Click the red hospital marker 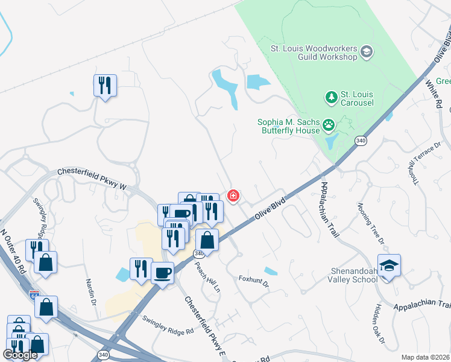(233, 195)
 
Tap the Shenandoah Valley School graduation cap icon (389, 265)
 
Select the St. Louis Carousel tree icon (330, 97)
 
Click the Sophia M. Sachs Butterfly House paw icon (329, 125)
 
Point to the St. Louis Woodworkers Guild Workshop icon (367, 52)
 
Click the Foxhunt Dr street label (253, 280)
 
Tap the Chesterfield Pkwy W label (92, 179)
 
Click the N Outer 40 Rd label (13, 250)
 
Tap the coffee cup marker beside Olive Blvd (163, 273)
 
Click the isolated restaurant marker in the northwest (105, 85)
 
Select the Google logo (20, 355)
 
